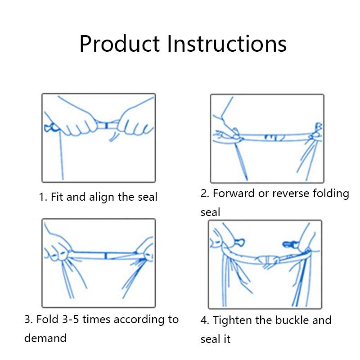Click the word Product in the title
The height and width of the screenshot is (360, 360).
click(x=119, y=44)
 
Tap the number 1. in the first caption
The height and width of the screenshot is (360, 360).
click(x=43, y=197)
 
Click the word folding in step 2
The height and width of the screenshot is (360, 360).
click(x=332, y=193)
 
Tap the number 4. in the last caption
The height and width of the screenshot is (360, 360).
click(x=205, y=320)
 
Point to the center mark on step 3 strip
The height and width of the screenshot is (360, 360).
click(x=105, y=256)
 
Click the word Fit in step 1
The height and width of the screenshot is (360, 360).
click(x=57, y=197)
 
